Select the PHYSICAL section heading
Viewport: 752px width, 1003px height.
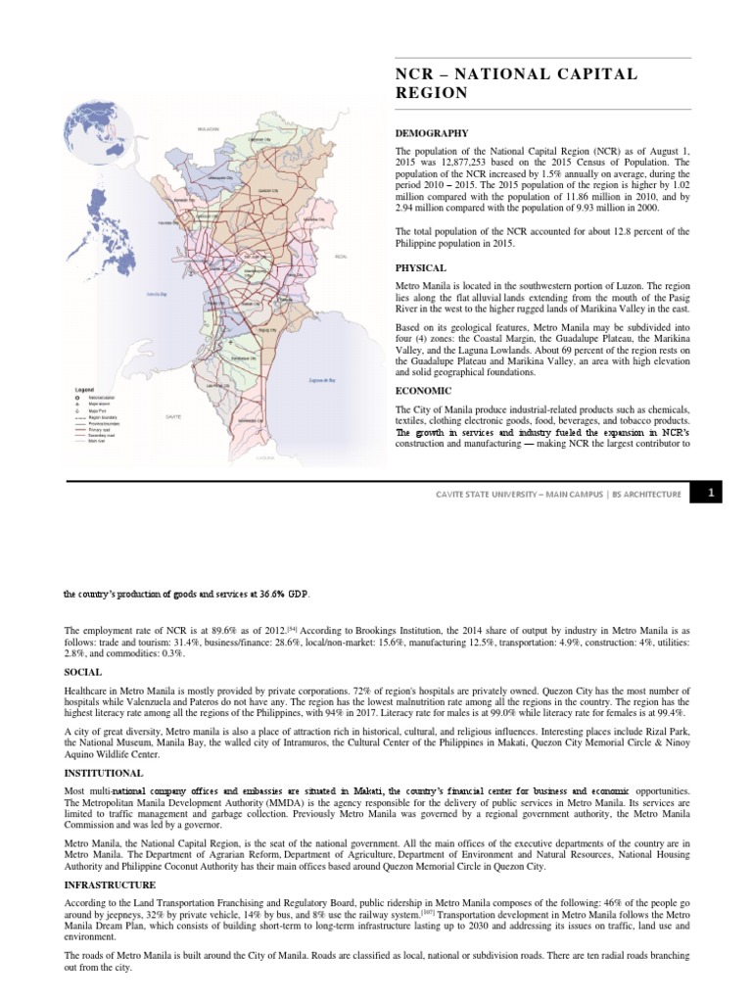tap(421, 267)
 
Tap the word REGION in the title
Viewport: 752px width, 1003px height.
tap(432, 93)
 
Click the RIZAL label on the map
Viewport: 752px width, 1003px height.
tap(341, 257)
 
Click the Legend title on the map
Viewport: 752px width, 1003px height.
tap(84, 389)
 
